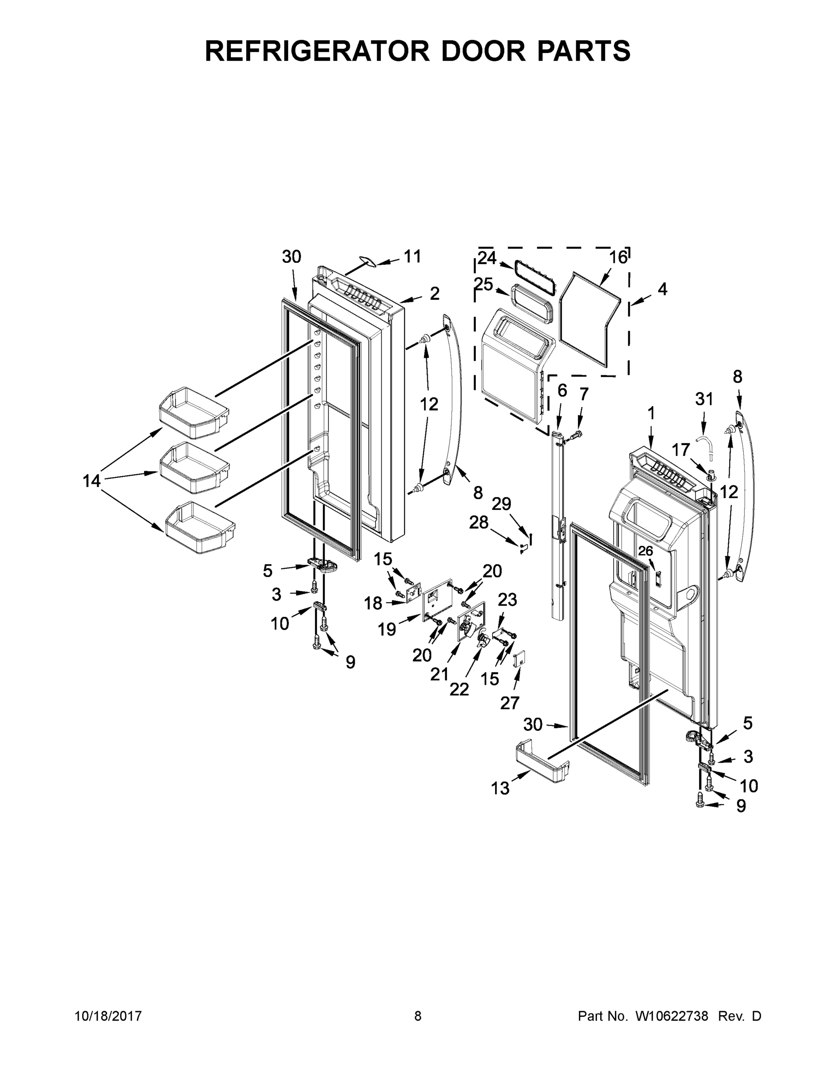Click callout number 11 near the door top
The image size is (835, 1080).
tap(413, 256)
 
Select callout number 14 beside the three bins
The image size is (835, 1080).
tap(91, 480)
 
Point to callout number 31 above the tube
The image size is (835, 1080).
tap(704, 399)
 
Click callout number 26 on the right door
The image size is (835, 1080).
tap(645, 551)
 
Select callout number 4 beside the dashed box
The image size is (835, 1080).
tap(662, 289)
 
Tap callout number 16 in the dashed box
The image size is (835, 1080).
tap(618, 258)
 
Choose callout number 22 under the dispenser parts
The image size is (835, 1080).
tap(459, 689)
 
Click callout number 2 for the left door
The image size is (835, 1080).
tap(434, 294)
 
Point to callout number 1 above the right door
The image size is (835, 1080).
tap(651, 413)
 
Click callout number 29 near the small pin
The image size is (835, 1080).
tap(501, 504)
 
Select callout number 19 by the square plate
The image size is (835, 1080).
tap(387, 629)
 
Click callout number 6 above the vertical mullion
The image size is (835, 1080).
tap(562, 391)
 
